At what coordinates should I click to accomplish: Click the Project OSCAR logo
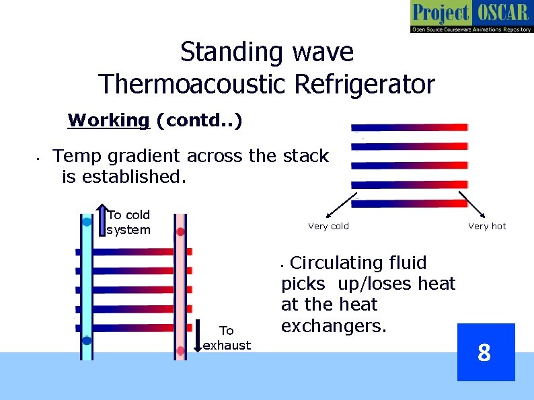471,17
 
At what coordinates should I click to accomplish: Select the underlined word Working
108,120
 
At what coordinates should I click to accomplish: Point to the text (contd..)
200,120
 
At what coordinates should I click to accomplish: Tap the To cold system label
128,223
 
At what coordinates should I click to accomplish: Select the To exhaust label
227,337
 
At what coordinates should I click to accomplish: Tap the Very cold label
328,227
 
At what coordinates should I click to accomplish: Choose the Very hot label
487,227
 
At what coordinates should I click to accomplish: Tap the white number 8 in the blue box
484,352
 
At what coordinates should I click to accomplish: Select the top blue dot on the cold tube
87,221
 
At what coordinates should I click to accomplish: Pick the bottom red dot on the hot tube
180,351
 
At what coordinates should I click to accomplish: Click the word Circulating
358,262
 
